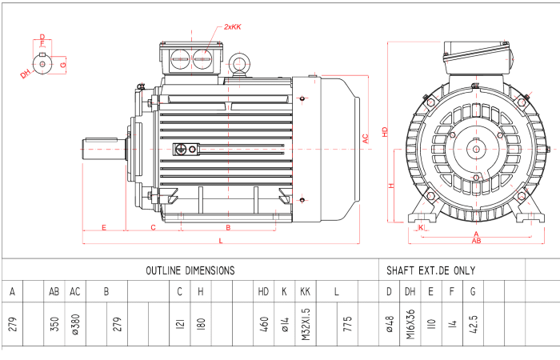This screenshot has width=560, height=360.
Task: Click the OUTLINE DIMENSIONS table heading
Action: click(x=190, y=270)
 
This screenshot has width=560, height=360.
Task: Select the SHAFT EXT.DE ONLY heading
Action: click(x=430, y=270)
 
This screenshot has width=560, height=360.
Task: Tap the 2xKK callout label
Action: click(x=232, y=27)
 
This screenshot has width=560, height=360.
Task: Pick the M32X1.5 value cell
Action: click(x=305, y=323)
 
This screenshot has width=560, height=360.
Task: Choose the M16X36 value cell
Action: click(x=410, y=323)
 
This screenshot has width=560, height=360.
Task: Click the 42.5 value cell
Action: click(x=473, y=324)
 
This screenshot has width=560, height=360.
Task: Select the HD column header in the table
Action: click(x=263, y=292)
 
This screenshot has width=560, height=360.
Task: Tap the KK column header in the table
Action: click(x=305, y=292)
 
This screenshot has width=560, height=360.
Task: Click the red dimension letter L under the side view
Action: click(x=221, y=241)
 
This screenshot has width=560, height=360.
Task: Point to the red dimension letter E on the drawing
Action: click(x=104, y=228)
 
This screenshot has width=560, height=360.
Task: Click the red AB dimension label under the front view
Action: click(x=476, y=240)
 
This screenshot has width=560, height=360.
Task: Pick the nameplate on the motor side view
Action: click(x=187, y=149)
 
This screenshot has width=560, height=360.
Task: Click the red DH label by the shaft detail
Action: click(x=26, y=74)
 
